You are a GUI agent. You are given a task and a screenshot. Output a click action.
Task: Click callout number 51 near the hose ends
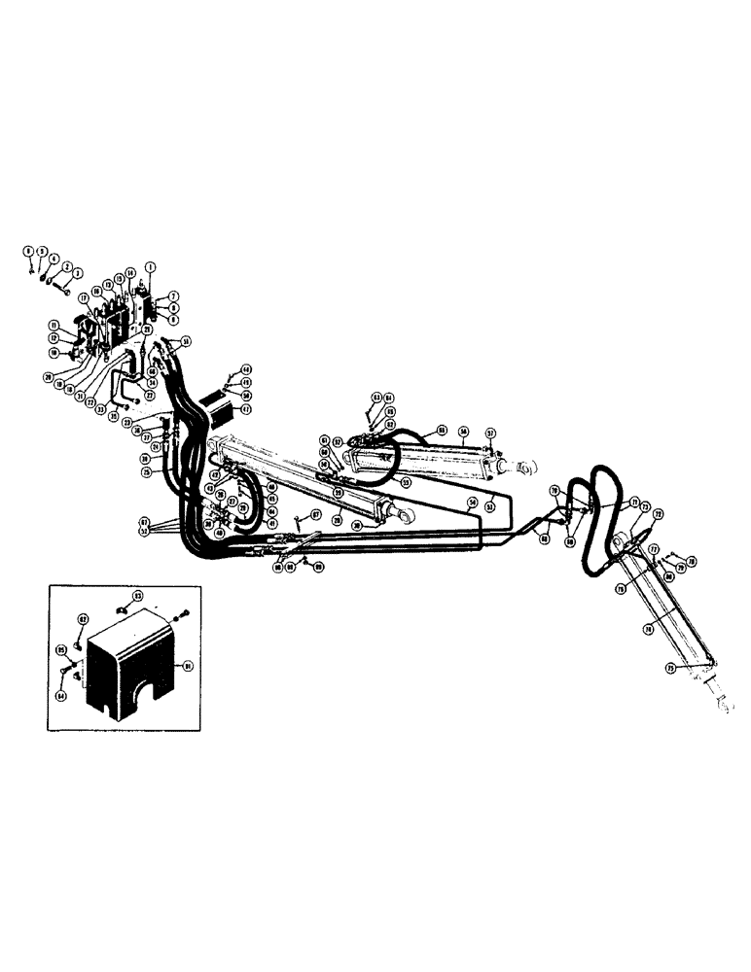186,340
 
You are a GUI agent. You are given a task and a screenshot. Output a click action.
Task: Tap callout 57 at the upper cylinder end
492,433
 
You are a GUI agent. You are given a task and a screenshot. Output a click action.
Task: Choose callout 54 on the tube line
471,503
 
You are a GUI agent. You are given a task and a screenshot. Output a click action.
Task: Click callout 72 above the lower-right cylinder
658,513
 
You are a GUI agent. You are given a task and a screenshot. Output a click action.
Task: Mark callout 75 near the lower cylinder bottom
669,669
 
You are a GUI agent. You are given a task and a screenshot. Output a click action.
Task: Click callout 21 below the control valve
146,330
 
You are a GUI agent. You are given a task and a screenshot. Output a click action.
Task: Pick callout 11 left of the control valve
55,324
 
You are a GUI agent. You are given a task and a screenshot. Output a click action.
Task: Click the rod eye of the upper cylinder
527,469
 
